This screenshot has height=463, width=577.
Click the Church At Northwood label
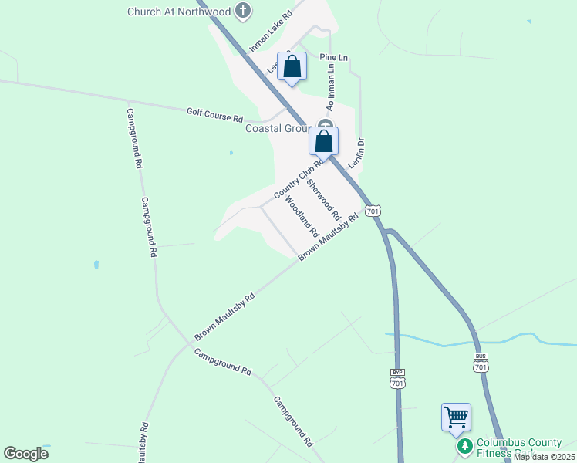point(181,11)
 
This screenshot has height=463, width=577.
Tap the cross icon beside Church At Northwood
point(243,11)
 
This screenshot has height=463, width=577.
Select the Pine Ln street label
point(334,58)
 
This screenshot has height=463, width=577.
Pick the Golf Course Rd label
point(214,116)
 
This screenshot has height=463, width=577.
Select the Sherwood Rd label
point(323,196)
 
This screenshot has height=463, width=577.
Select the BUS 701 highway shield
point(481,362)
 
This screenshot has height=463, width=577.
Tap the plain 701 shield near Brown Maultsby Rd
point(373,211)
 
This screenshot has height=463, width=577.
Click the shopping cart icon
point(456,417)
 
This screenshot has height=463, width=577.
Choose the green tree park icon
point(464,447)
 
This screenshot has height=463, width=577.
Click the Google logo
point(25,455)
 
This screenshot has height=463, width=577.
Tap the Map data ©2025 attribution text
point(543,457)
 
